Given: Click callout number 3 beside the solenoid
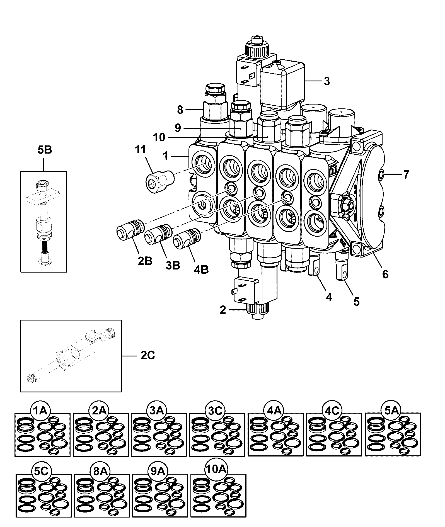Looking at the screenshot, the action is point(327,81).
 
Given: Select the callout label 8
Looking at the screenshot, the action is point(180,110).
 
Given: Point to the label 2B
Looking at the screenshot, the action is point(145,261).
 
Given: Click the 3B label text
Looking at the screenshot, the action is point(173,265).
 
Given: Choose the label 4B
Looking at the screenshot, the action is point(201,270).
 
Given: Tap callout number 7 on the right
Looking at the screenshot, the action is point(406,175).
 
